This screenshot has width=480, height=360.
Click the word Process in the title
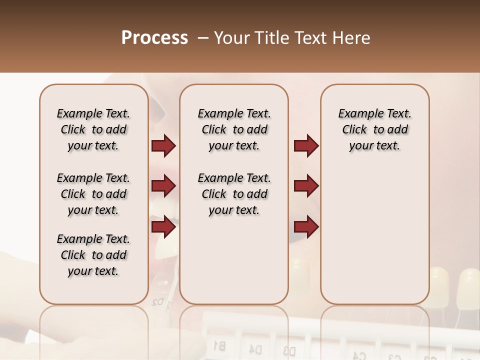tap(154, 38)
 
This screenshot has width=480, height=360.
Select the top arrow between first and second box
tap(163, 146)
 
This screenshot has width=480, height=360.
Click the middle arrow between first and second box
tap(163, 186)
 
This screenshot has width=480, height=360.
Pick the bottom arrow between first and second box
tap(163, 226)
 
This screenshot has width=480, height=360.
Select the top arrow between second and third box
tap(306, 146)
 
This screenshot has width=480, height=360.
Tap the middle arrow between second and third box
tap(306, 186)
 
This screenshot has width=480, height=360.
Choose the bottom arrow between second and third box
tap(306, 226)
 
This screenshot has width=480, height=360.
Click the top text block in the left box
tap(93, 129)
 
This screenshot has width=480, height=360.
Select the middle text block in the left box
tap(93, 194)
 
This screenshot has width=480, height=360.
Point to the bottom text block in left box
tap(93, 255)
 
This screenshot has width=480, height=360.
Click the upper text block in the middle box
tap(234, 129)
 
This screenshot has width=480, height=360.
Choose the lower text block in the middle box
tap(234, 194)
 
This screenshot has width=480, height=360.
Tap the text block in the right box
tap(374, 129)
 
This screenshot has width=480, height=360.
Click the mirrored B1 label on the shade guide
tap(219, 344)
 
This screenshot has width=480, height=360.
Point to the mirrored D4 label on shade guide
tap(255, 348)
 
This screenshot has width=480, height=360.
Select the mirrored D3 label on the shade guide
tap(289, 349)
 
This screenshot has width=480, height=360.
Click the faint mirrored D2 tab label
tap(158, 302)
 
